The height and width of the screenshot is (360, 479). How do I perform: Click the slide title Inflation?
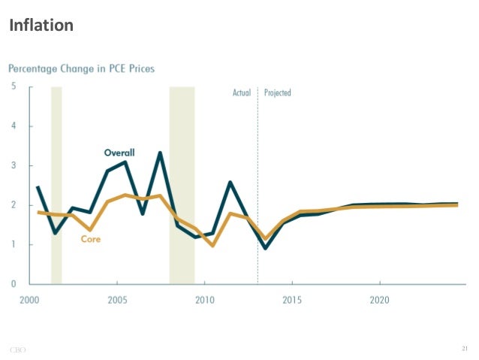point(41,26)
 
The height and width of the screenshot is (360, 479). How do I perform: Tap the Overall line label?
point(119,153)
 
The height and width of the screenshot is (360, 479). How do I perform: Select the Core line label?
point(90,239)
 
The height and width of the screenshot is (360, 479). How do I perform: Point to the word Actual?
point(241,93)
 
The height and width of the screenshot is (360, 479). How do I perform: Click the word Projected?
point(277,93)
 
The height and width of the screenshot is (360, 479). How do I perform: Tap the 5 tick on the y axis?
point(13,86)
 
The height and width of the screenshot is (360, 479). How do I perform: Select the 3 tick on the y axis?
point(13,165)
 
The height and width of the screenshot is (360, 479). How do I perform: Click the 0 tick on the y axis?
point(13,284)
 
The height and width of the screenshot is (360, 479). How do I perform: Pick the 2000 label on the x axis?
point(29,300)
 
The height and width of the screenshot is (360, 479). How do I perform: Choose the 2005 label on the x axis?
point(116,300)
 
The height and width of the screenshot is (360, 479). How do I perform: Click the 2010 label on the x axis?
point(204,300)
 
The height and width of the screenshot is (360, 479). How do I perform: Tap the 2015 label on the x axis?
point(292,300)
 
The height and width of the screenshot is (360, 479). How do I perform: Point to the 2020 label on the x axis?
point(379,300)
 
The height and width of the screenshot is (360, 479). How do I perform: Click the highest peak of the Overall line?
point(160,153)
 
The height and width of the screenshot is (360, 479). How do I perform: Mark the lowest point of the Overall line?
point(265,248)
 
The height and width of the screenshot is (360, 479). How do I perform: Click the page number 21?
point(464,348)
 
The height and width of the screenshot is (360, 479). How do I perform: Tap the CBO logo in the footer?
point(17,349)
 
